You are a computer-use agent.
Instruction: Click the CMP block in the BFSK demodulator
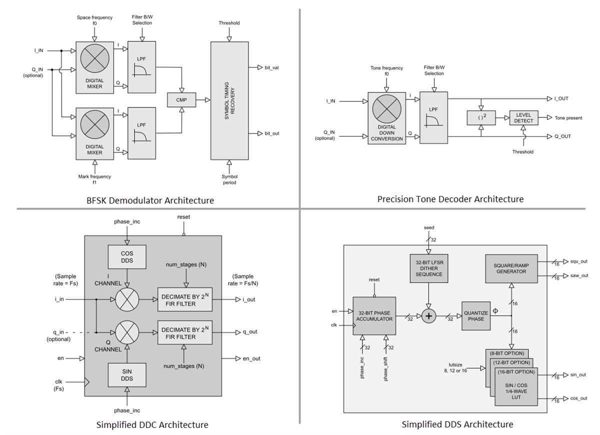(x=181, y=100)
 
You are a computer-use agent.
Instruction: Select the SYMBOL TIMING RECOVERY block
(x=229, y=100)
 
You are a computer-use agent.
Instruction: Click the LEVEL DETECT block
(x=523, y=118)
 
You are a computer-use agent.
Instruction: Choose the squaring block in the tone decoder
(x=480, y=118)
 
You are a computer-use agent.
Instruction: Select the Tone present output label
(x=568, y=118)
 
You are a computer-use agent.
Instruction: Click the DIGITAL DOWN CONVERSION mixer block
(x=386, y=117)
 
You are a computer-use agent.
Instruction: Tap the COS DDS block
(x=127, y=256)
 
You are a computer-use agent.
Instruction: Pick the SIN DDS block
(x=127, y=375)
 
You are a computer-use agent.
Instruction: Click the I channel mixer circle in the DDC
(x=127, y=300)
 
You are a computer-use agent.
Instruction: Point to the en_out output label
(x=251, y=358)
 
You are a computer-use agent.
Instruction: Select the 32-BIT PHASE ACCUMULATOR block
(x=374, y=315)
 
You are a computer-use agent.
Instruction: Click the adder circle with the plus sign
(x=428, y=316)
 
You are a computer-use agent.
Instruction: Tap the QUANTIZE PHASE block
(x=475, y=316)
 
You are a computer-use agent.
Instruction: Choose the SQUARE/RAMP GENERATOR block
(x=511, y=268)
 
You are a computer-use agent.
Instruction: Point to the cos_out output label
(x=578, y=398)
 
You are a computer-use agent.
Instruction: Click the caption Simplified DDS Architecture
(x=457, y=424)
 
